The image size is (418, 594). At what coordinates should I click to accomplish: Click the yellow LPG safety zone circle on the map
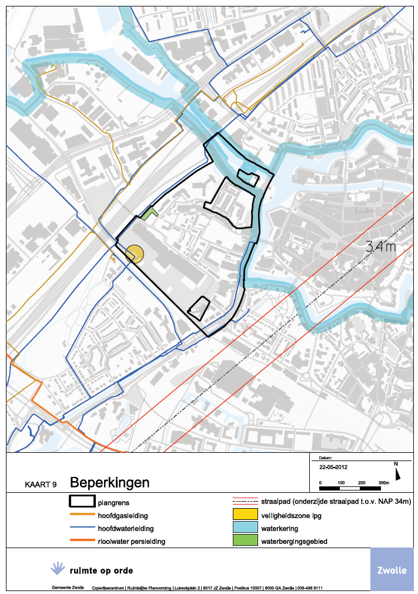pos(135,253)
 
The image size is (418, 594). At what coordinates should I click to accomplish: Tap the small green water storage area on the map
pos(151,212)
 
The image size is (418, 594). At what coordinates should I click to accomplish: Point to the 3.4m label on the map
pos(380,246)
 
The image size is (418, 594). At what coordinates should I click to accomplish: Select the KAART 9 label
pos(41,485)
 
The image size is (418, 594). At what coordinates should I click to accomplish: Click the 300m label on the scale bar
pos(384,483)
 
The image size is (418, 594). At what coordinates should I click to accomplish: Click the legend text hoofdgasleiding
pos(122,515)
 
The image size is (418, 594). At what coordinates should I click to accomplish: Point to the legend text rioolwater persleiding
pos(131,540)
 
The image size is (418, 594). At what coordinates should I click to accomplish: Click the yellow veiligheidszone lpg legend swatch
pos(245,515)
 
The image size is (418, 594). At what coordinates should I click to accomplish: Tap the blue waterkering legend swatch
pos(245,528)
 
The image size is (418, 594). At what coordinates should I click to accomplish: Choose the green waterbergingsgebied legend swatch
pos(245,541)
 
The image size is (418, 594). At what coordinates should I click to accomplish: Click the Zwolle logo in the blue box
pos(392,570)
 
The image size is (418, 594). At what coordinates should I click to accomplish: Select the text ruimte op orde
pos(101,570)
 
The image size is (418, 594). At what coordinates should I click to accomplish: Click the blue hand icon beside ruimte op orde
pos(58,568)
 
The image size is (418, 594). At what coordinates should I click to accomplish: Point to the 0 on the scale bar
pos(320,483)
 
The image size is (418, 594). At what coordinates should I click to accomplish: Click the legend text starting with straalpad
pos(336,502)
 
